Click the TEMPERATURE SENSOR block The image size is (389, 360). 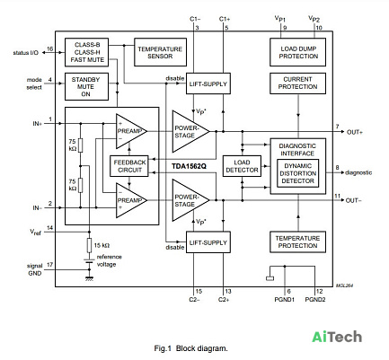pos(160,52)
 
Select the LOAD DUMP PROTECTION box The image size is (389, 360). pos(297,52)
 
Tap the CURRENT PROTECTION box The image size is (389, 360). pos(297,83)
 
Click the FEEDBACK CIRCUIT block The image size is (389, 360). pos(129,166)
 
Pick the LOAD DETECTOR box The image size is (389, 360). pos(242,166)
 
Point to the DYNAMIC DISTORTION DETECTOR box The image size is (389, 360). pos(297,173)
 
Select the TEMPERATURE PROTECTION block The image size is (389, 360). pos(297,241)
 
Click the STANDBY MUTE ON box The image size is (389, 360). pos(86,87)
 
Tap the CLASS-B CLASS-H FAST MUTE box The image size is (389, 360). pos(86,52)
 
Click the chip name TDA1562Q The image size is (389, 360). pos(189,166)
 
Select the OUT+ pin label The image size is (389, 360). pos(355,132)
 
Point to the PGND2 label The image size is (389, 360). pos(315,299)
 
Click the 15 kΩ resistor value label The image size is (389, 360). pos(102,245)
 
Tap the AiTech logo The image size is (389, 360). pos(337,337)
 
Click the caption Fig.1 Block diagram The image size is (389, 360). pos(190,348)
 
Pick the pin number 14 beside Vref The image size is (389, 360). pos(49,228)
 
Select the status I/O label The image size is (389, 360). pos(26,53)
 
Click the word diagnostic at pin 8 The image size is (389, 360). pos(358,172)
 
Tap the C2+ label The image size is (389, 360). pos(224,299)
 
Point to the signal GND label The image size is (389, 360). pos(35,269)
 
